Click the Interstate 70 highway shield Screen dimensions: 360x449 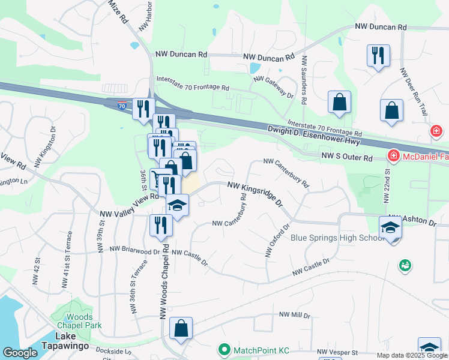(x=122, y=106)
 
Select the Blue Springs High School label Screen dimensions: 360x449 (x=337, y=238)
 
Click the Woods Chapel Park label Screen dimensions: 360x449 (x=80, y=321)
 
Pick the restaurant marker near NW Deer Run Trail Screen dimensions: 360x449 (x=378, y=56)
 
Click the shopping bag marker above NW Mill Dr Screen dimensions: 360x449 (x=181, y=328)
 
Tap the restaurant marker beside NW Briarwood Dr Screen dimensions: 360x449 (x=161, y=225)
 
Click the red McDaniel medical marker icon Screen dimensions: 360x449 (x=394, y=157)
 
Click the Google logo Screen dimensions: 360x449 (x=20, y=353)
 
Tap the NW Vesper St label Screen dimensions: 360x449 (x=337, y=352)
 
